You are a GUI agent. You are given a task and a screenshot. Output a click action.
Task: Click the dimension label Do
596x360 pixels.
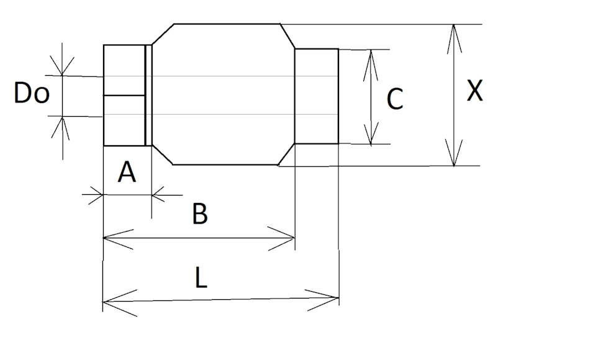pos(32,93)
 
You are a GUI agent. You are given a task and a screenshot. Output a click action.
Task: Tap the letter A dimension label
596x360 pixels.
pos(127,172)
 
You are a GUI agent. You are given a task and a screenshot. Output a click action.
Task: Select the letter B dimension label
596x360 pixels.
pos(200,214)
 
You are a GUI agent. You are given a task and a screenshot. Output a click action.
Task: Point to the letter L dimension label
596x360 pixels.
pos(201,277)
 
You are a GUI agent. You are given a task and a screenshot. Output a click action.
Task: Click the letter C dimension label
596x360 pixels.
pos(395,99)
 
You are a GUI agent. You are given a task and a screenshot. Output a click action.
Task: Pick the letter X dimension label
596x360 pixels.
pos(475,91)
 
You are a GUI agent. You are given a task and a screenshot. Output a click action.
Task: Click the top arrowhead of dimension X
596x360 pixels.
pos(453,38)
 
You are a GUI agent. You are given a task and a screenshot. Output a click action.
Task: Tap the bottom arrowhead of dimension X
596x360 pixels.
pos(453,153)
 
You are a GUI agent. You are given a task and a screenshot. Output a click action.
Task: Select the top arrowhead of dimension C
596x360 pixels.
pos(371,65)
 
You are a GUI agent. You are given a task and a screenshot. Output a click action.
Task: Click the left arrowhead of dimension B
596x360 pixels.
pos(118,239)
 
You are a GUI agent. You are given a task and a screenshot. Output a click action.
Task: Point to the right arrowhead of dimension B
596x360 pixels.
pos(281,239)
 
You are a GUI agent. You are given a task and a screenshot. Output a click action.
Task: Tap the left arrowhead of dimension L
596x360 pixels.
pos(120,303)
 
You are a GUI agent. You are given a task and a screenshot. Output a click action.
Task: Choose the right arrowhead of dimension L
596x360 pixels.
pos(322,300)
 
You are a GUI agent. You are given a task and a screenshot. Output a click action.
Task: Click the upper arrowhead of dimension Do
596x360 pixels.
pos(61,65)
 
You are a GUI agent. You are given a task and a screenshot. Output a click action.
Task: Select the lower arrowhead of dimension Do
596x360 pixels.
pos(61,127)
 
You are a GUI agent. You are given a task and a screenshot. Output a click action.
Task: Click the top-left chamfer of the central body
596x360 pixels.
pos(163,34)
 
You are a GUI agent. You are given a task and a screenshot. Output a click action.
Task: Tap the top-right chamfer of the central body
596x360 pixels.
pos(287,36)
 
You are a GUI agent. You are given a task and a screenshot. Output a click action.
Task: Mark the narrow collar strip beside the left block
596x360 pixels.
pos(148,95)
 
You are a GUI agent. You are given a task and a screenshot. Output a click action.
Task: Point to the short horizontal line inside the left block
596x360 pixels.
pos(124,95)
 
